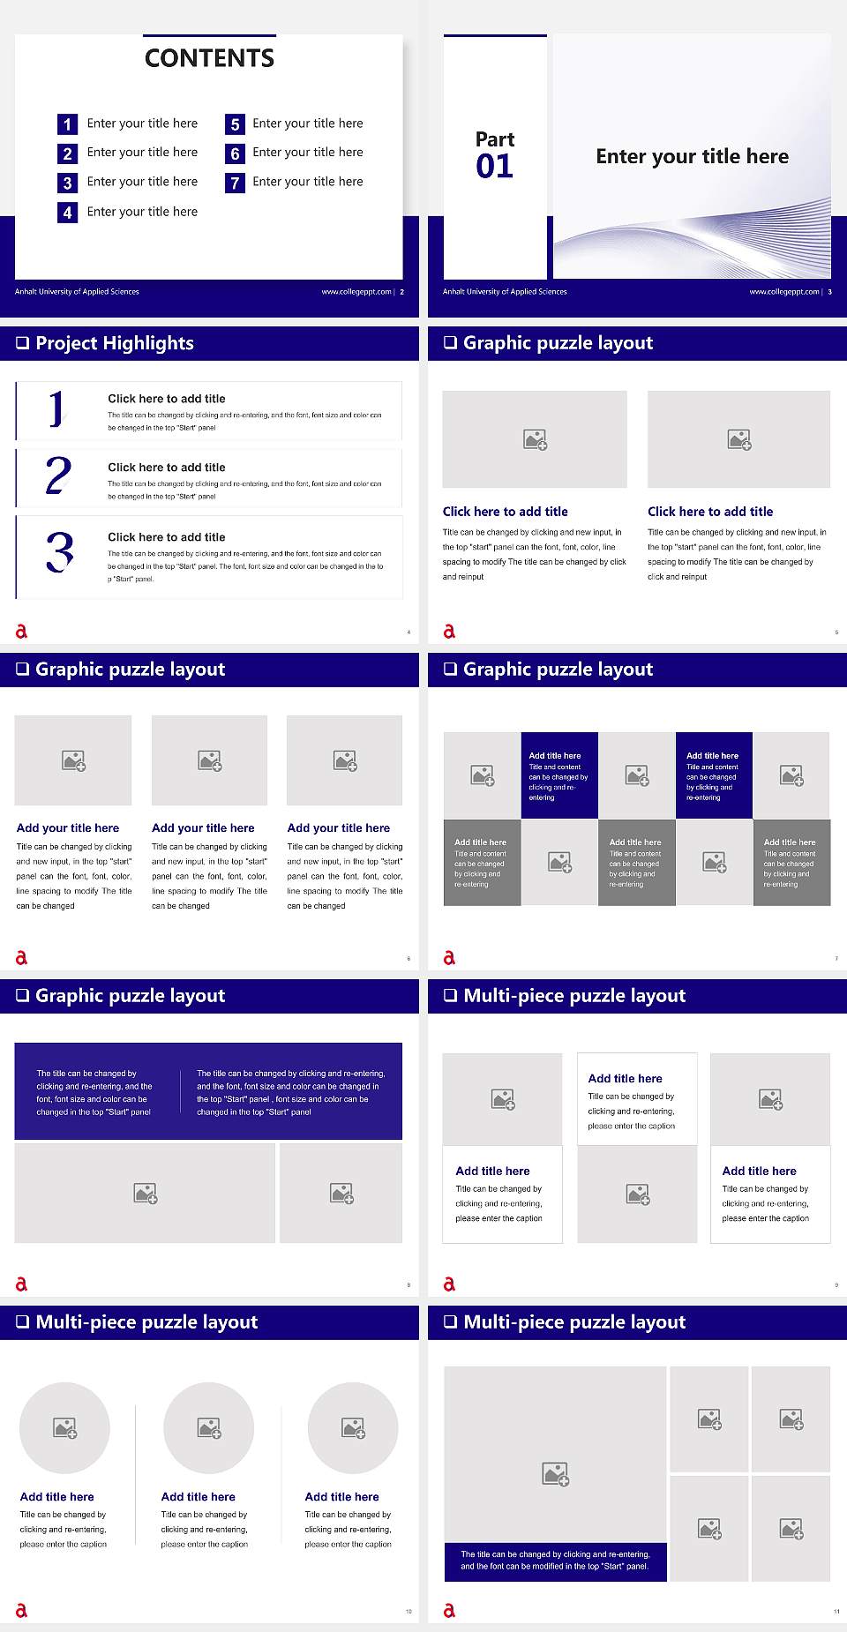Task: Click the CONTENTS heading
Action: click(x=209, y=58)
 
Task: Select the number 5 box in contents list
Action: click(x=235, y=124)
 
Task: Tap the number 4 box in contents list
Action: click(x=67, y=213)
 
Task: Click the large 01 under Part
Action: click(x=494, y=166)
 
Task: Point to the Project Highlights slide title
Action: click(x=115, y=343)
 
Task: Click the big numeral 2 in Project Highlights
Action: click(x=58, y=475)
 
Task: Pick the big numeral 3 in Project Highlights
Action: click(x=60, y=552)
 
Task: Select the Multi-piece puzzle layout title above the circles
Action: click(x=146, y=1321)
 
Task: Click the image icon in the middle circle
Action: click(x=209, y=1427)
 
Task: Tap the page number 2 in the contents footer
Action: click(x=402, y=292)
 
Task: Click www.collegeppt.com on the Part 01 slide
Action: click(x=783, y=292)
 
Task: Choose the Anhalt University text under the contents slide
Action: click(x=77, y=292)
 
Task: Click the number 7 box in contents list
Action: click(x=235, y=183)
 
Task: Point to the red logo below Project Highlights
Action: click(x=21, y=631)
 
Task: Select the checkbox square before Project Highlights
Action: click(x=22, y=343)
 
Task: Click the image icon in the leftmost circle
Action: click(x=65, y=1427)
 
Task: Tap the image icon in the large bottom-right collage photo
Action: click(x=556, y=1473)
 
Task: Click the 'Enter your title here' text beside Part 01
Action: click(x=692, y=156)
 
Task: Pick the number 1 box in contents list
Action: click(x=67, y=124)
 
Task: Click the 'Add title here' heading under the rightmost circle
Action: click(x=341, y=1496)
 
